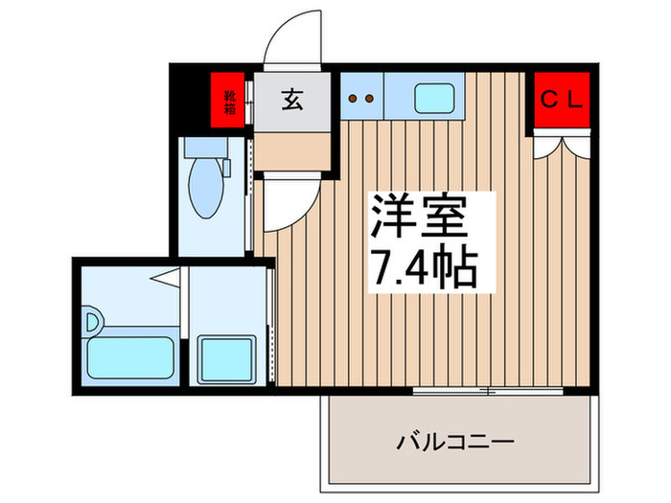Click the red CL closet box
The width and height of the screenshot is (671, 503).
pyautogui.click(x=563, y=99)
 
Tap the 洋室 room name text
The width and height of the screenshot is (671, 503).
pyautogui.click(x=417, y=217)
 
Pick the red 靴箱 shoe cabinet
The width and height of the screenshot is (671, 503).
pyautogui.click(x=229, y=101)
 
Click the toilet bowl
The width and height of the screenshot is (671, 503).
pyautogui.click(x=203, y=187)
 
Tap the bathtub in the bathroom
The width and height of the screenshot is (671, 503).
pyautogui.click(x=128, y=356)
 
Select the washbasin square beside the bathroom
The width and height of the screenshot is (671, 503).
pyautogui.click(x=226, y=359)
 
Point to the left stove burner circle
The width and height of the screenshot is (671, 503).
pyautogui.click(x=354, y=97)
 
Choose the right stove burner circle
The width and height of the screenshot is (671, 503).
pyautogui.click(x=369, y=97)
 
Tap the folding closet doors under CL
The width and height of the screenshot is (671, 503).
pyautogui.click(x=563, y=145)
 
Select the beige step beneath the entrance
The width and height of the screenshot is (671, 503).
pyautogui.click(x=292, y=149)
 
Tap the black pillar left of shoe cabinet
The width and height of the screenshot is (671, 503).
pyautogui.click(x=189, y=101)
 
